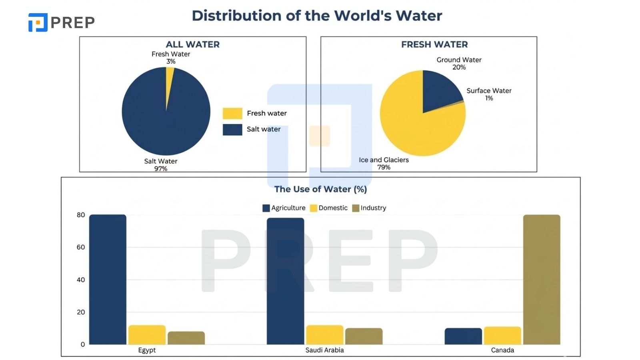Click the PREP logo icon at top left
[x=38, y=22]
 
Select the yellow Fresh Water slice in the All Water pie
[x=169, y=76]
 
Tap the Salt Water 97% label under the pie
[x=161, y=164]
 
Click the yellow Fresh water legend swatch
[x=232, y=114]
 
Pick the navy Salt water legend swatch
[x=232, y=130]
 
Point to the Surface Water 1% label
[x=489, y=94]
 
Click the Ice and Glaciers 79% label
[x=384, y=163]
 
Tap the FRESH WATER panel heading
[x=434, y=44]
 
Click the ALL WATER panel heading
[x=193, y=44]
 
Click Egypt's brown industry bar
[x=186, y=338]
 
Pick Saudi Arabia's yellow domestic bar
[x=324, y=335]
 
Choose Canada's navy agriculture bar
[x=463, y=336]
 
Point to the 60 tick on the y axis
[x=81, y=247]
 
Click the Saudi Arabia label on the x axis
[x=324, y=350]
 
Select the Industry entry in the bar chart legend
[x=369, y=208]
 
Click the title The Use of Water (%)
[x=320, y=189]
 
